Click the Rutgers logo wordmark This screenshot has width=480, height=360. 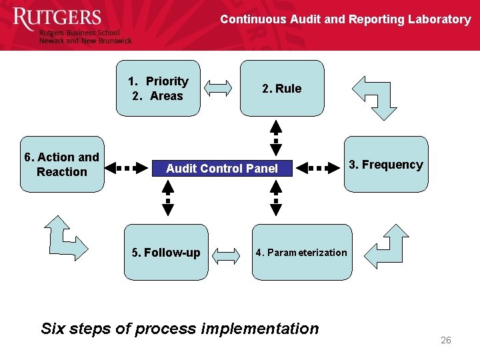[x=57, y=19]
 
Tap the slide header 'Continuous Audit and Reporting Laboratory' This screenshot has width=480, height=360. [x=345, y=19]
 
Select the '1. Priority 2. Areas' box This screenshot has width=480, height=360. [x=158, y=89]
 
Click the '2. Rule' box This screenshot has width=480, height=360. [x=282, y=89]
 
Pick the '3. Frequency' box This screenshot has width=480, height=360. [x=386, y=165]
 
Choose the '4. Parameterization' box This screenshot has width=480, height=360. [x=301, y=253]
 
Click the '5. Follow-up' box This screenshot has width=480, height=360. [x=166, y=253]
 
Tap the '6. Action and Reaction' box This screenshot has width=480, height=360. [x=61, y=165]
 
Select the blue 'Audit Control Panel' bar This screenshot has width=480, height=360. [x=222, y=169]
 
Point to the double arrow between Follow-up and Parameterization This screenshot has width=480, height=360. [x=229, y=253]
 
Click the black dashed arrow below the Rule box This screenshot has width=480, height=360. [x=276, y=137]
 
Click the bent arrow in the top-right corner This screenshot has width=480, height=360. [x=375, y=97]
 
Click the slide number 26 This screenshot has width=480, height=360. [x=445, y=341]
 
